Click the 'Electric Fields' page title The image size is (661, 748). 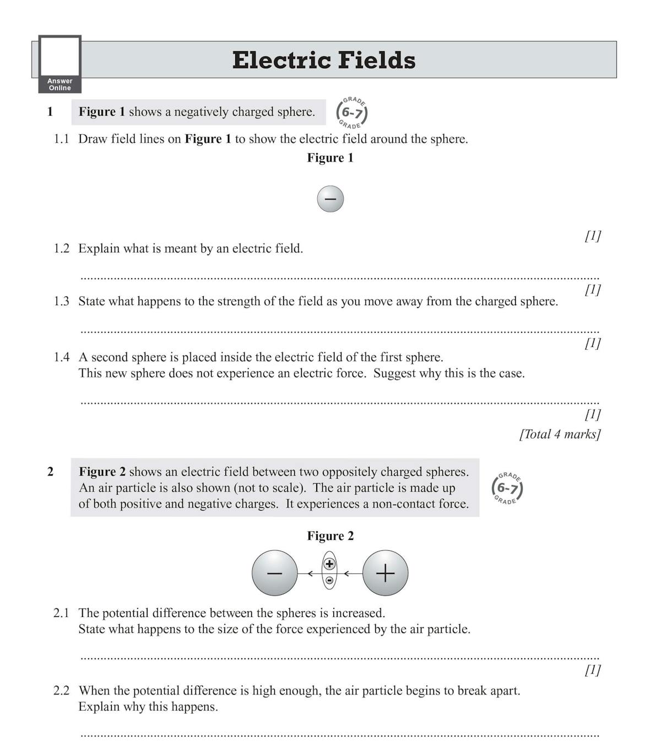pyautogui.click(x=324, y=60)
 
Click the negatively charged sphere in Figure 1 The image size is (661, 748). pyautogui.click(x=330, y=199)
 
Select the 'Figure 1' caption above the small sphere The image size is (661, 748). pyautogui.click(x=330, y=158)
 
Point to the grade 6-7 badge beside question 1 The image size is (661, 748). pyautogui.click(x=351, y=113)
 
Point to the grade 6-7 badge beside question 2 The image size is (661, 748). pyautogui.click(x=507, y=488)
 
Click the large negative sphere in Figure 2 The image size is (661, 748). pyautogui.click(x=274, y=573)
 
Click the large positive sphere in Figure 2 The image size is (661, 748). pyautogui.click(x=386, y=573)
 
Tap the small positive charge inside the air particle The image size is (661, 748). pyautogui.click(x=329, y=564)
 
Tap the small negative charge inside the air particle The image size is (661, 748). pyautogui.click(x=329, y=580)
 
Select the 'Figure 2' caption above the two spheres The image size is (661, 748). pyautogui.click(x=330, y=536)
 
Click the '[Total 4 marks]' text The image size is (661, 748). pyautogui.click(x=560, y=435)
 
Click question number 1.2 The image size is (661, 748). pyautogui.click(x=62, y=249)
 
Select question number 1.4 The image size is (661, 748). pyautogui.click(x=62, y=357)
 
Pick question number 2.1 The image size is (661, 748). pyautogui.click(x=62, y=613)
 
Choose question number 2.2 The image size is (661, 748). pyautogui.click(x=62, y=691)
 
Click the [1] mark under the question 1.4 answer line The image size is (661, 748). pyautogui.click(x=593, y=414)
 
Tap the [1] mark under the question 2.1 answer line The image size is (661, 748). pyautogui.click(x=593, y=670)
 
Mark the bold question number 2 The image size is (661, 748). pyautogui.click(x=50, y=472)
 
